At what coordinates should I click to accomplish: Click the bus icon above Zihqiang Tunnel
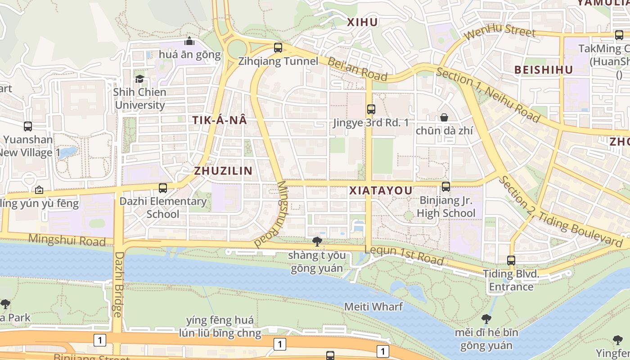click(278, 47)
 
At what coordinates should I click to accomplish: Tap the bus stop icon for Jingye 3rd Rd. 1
click(371, 109)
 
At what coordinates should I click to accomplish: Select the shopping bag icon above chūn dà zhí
click(444, 117)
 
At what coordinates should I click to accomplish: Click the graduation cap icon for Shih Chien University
click(140, 79)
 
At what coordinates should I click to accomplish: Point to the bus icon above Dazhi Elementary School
click(163, 188)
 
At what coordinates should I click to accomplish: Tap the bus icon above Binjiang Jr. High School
click(446, 186)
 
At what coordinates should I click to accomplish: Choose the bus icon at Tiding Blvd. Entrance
click(511, 260)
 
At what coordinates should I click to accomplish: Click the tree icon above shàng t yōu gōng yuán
click(317, 242)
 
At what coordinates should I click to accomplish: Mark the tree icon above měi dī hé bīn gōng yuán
click(486, 319)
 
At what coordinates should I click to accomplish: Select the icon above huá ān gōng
click(189, 41)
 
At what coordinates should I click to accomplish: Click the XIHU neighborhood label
click(363, 22)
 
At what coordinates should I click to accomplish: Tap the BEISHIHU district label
click(544, 70)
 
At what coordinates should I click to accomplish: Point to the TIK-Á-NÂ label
click(220, 120)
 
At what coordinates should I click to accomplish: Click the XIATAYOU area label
click(381, 190)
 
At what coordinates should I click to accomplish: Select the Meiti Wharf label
click(373, 306)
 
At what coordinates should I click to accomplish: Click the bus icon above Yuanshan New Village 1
click(28, 126)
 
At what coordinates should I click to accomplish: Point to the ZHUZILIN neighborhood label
click(223, 171)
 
